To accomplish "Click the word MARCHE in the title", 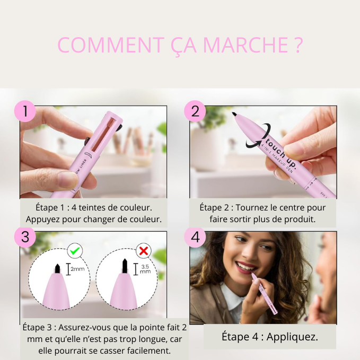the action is (x=245, y=45).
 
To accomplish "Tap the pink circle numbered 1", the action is (x=25, y=111).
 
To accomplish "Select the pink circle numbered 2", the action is (x=195, y=111).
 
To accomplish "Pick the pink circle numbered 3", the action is (x=25, y=237).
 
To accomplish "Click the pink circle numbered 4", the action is (x=195, y=237).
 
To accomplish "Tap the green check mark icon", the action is (x=75, y=250).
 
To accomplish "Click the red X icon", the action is (x=144, y=251).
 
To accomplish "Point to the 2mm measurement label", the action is (x=77, y=269).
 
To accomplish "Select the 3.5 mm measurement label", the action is (x=145, y=269).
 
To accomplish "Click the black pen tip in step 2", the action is (x=234, y=114).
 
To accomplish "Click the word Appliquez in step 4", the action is (x=292, y=337).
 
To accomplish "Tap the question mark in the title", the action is (x=298, y=45).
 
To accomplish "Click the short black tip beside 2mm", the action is (x=57, y=268).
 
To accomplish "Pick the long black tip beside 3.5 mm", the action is (x=125, y=266).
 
